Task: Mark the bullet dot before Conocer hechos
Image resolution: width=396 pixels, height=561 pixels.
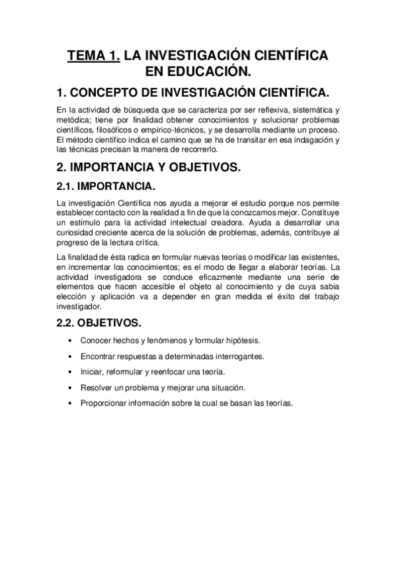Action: coord(71,341)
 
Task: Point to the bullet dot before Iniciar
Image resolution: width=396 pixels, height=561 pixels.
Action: coord(71,372)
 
